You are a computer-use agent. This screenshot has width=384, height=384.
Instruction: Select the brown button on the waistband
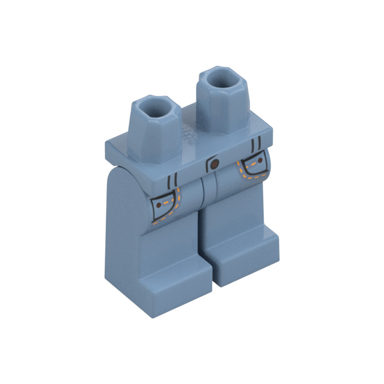point(215,164)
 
